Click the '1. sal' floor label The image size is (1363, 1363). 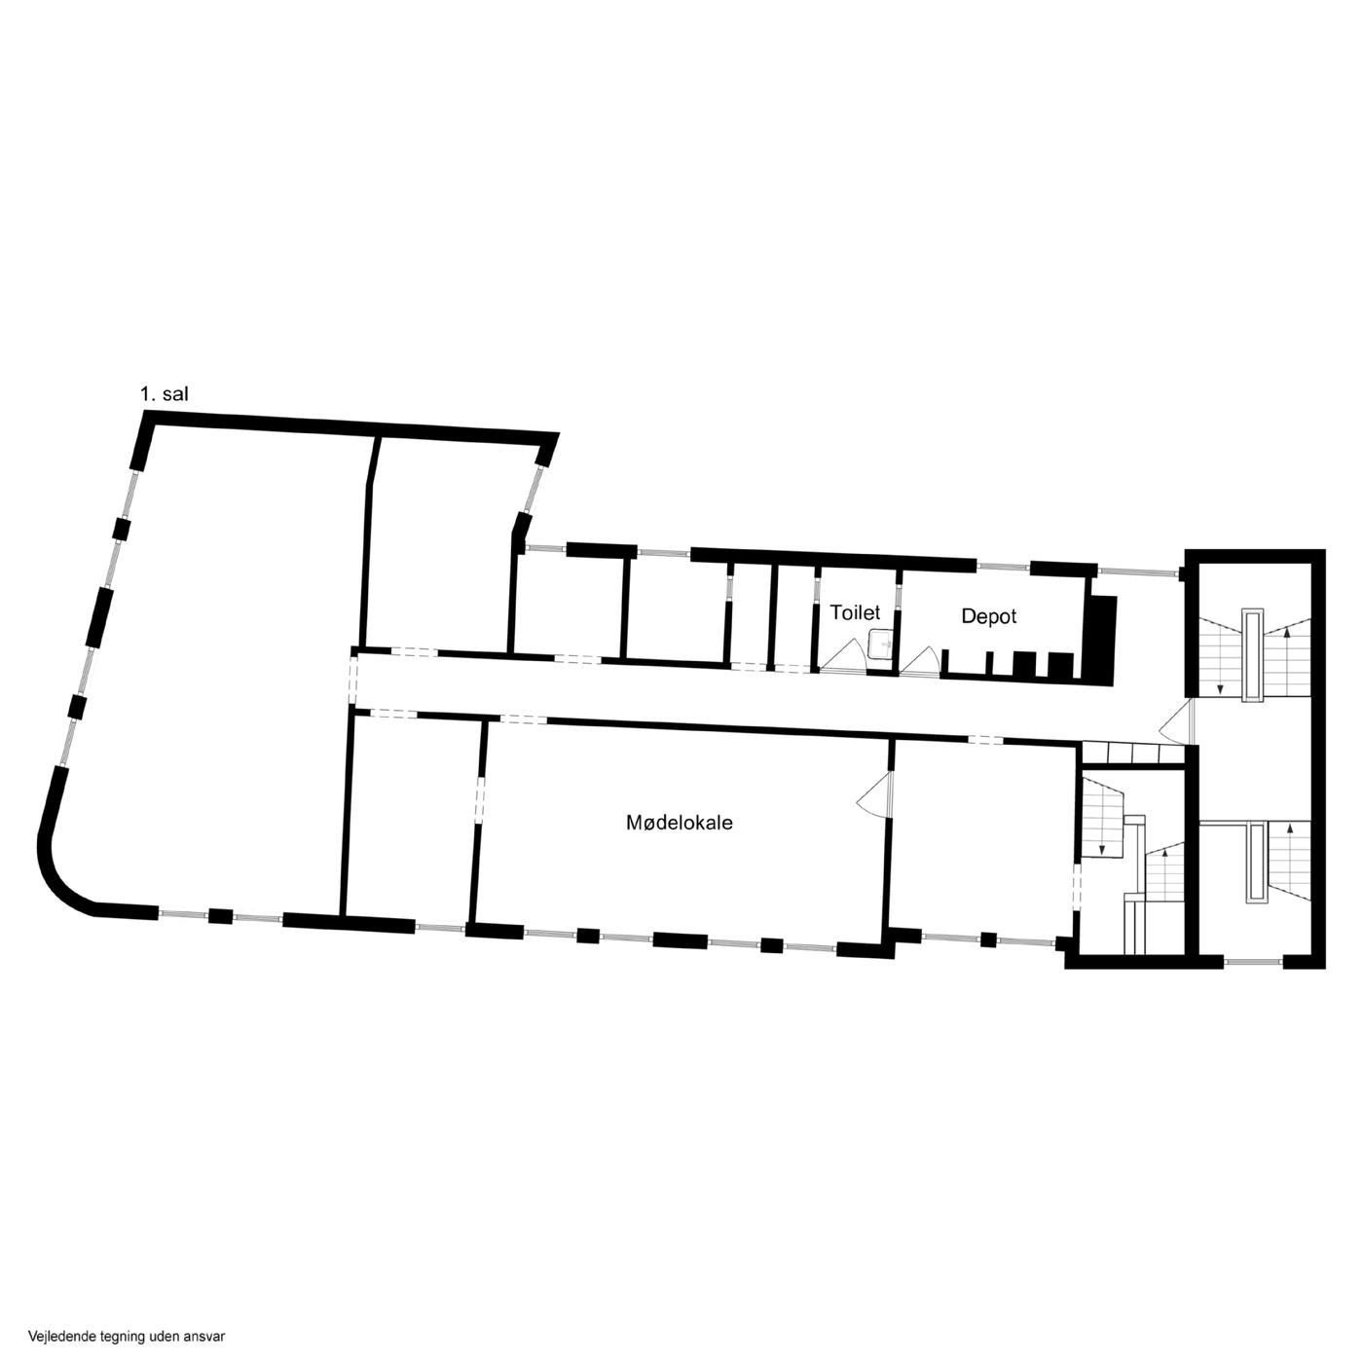[165, 394]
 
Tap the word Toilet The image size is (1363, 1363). [855, 612]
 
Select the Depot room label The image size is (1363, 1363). [988, 616]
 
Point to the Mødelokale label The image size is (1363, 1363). [679, 823]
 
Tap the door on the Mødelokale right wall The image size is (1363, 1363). [875, 795]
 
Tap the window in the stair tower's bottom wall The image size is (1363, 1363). [1253, 961]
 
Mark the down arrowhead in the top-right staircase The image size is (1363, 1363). [1220, 688]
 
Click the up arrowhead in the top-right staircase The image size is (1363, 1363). [1286, 632]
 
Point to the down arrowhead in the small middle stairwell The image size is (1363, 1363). [1101, 848]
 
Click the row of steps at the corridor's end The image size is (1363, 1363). [1134, 753]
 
